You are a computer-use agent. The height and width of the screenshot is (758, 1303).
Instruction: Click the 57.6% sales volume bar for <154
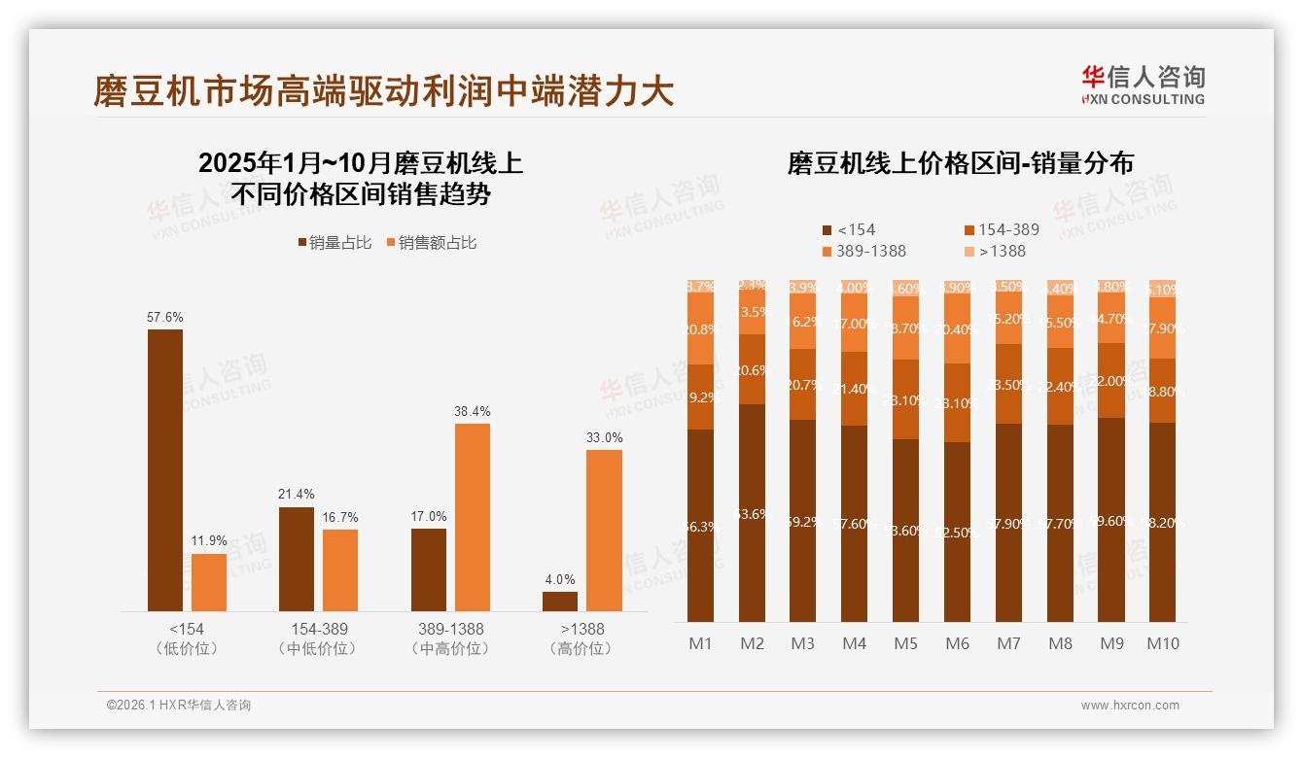(x=165, y=470)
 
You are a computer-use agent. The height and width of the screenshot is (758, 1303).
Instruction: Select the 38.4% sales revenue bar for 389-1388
(x=473, y=517)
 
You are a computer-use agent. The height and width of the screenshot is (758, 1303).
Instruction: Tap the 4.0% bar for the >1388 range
(x=560, y=602)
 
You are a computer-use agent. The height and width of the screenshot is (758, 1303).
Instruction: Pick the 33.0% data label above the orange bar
(x=605, y=437)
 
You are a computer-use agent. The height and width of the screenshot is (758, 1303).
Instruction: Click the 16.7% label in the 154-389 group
(x=340, y=517)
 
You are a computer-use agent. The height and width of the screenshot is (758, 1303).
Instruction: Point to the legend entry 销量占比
(x=334, y=243)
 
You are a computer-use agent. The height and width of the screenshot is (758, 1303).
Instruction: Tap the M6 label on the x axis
(x=957, y=643)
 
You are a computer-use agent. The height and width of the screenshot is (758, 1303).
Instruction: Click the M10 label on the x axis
(x=1162, y=643)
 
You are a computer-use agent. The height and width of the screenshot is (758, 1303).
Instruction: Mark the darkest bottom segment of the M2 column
(x=753, y=513)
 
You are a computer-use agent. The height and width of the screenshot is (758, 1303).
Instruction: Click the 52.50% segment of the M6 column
(x=957, y=533)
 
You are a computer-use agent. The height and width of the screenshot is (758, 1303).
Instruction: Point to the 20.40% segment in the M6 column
(x=957, y=330)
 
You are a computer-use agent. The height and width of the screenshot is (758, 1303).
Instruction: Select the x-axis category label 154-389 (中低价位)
(x=318, y=638)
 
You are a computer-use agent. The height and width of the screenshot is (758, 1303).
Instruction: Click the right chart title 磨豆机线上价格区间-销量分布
(x=960, y=163)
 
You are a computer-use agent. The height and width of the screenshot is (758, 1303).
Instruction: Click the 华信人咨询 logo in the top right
(x=1143, y=86)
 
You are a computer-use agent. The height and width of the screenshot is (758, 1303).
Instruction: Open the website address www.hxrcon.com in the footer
(x=1130, y=706)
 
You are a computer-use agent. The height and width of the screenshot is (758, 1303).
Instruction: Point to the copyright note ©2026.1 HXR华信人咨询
(x=179, y=706)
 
